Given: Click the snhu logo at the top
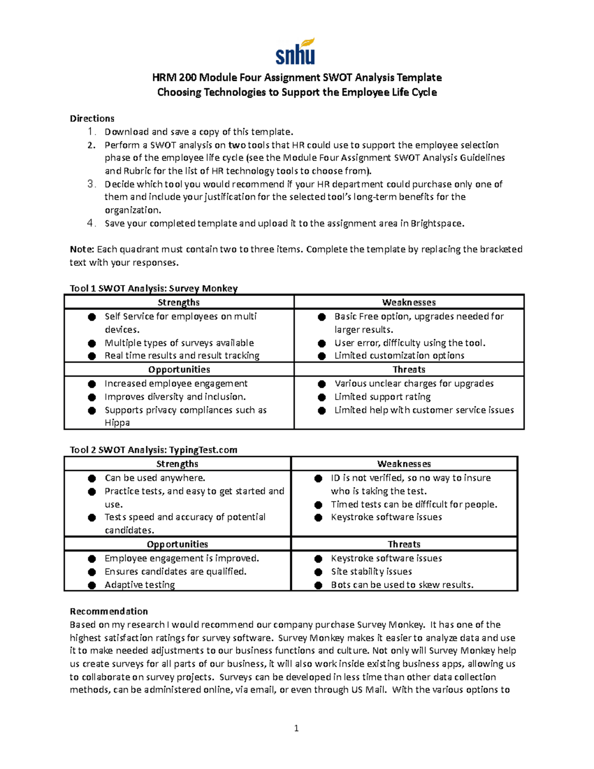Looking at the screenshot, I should click(x=296, y=51).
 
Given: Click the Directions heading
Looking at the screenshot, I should click(x=92, y=118).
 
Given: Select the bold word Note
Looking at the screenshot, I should click(x=82, y=249).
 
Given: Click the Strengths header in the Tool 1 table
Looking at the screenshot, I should click(x=179, y=302).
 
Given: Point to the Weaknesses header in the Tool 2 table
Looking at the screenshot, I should click(x=404, y=464).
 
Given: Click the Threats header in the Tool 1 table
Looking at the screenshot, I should click(x=409, y=369).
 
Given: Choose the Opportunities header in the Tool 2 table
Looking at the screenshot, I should click(x=177, y=544).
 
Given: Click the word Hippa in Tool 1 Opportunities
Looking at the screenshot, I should click(x=117, y=423).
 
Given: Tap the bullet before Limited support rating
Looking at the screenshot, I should click(x=322, y=397).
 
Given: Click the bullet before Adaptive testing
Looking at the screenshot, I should click(x=92, y=585).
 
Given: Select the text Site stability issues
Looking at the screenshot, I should click(x=371, y=571).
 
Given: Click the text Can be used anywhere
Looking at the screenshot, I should click(x=155, y=478).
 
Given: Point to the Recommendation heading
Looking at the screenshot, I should click(x=109, y=611).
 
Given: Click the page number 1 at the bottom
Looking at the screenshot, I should click(x=296, y=728).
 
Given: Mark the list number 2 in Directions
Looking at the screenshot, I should click(x=91, y=145).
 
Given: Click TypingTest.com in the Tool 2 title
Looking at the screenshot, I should click(x=203, y=450).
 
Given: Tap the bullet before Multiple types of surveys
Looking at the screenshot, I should click(x=92, y=343).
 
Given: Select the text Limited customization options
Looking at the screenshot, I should click(x=399, y=356).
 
